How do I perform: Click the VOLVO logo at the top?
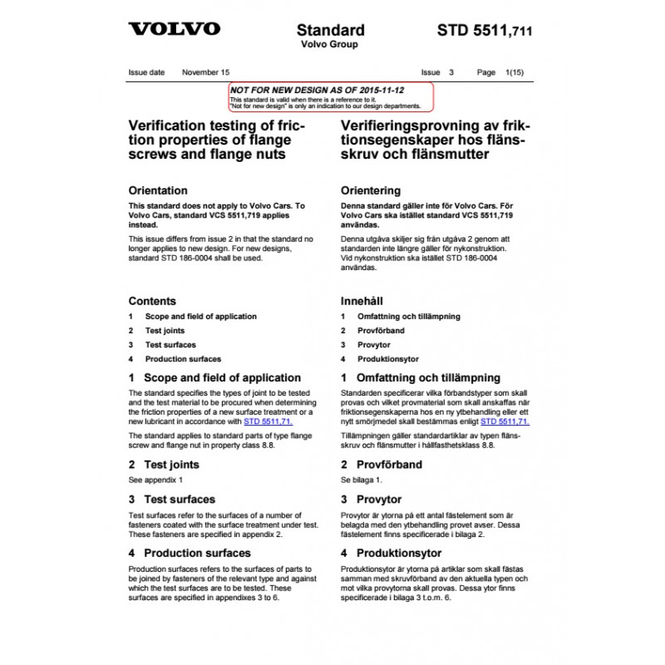[x=174, y=29]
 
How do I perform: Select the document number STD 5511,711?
[x=484, y=32]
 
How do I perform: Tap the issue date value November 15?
[x=205, y=72]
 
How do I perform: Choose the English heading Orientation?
[x=158, y=190]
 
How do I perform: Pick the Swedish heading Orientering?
[x=371, y=190]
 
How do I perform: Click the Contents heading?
[x=152, y=301]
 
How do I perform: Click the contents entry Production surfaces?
[x=183, y=359]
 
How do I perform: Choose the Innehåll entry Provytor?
[x=373, y=345]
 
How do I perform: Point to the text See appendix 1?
[x=155, y=480]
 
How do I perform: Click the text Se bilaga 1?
[x=362, y=480]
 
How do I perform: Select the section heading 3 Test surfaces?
[x=171, y=500]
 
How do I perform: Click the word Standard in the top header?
[x=330, y=30]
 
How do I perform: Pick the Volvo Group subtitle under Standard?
[x=329, y=44]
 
